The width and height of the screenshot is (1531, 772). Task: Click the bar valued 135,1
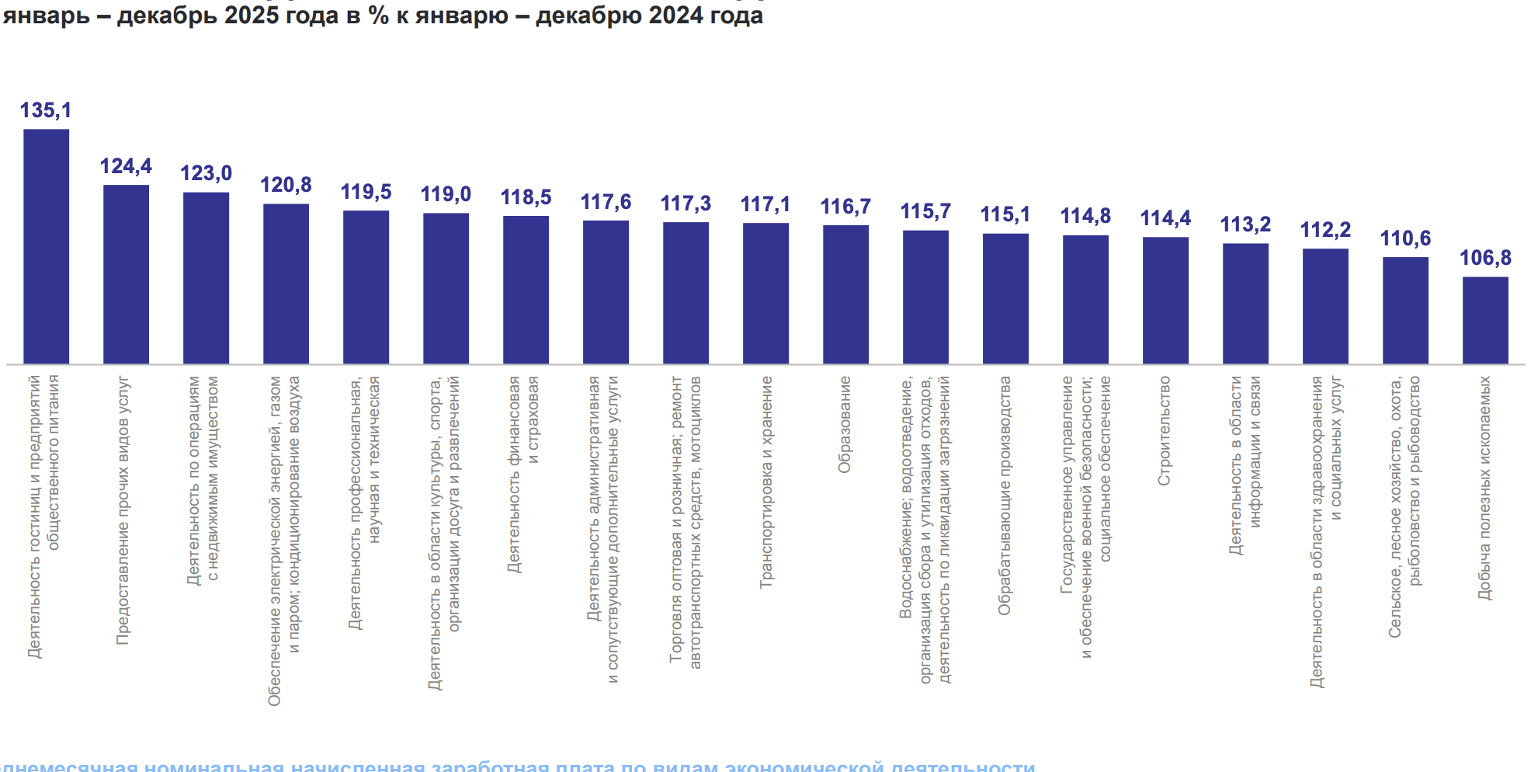pos(46,246)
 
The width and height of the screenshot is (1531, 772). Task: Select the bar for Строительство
pos(1165,301)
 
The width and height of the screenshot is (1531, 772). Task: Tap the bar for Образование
pos(845,294)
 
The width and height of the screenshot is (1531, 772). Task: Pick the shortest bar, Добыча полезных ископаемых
pos(1485,320)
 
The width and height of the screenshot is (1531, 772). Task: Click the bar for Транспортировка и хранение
pos(765,294)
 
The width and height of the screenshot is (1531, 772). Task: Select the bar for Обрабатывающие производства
pos(1005,298)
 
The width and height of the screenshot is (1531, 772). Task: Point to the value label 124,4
pos(126,166)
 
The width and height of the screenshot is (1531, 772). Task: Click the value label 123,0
pos(206,173)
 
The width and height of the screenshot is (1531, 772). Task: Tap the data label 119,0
pos(446,194)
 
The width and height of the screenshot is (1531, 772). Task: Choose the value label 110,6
pos(1405,238)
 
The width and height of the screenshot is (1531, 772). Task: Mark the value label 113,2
pos(1245,224)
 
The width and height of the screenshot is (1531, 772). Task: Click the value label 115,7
pos(925,211)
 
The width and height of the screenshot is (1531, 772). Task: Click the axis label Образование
pos(845,425)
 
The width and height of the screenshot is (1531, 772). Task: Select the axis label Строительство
pos(1165,431)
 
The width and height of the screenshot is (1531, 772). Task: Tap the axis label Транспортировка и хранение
pos(766,482)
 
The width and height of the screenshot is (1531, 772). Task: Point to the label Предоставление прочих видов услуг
pos(123,510)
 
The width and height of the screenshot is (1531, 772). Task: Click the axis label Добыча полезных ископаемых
pos(1484,488)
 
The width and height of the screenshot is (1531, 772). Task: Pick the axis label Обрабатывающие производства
pos(1005,496)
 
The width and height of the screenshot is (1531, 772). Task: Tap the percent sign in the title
pos(379,16)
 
